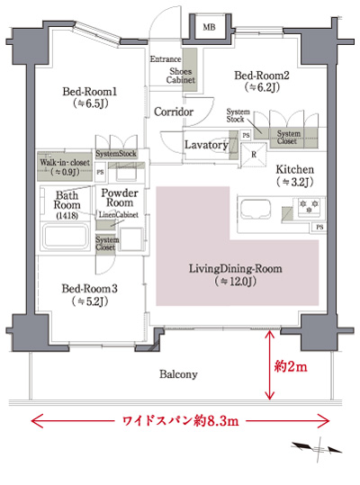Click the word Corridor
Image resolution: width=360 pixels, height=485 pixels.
173,112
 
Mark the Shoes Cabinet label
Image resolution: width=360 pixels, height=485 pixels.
180,74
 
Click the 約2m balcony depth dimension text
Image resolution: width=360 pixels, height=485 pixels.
290,367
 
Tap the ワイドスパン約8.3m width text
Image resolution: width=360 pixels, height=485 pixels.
179,420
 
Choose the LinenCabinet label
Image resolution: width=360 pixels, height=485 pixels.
119,217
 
